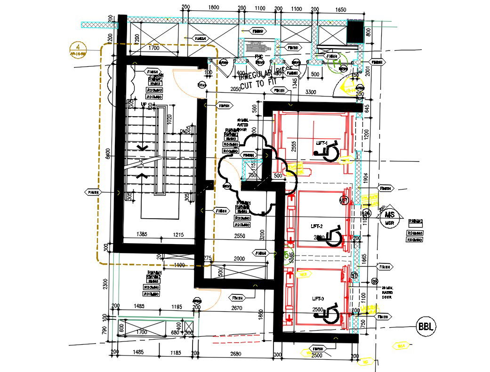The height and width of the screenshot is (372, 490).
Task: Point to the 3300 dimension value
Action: coord(311,92)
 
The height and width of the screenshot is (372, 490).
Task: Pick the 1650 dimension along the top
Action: coord(340,9)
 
